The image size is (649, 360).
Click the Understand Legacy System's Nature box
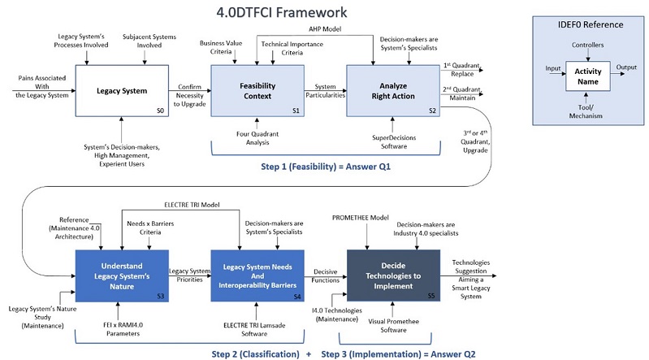tap(123, 273)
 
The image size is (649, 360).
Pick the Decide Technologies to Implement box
tap(393, 273)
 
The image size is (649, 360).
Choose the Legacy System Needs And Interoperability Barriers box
tap(257, 273)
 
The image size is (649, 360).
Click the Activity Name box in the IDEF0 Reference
tap(588, 77)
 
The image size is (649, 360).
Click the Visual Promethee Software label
tap(392, 325)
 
